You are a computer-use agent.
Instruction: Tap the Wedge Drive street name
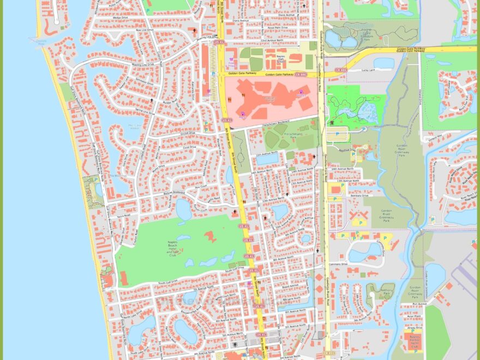coord(121,17)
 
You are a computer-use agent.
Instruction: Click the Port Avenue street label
coord(419,304)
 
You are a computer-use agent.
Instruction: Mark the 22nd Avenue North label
coord(271,41)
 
